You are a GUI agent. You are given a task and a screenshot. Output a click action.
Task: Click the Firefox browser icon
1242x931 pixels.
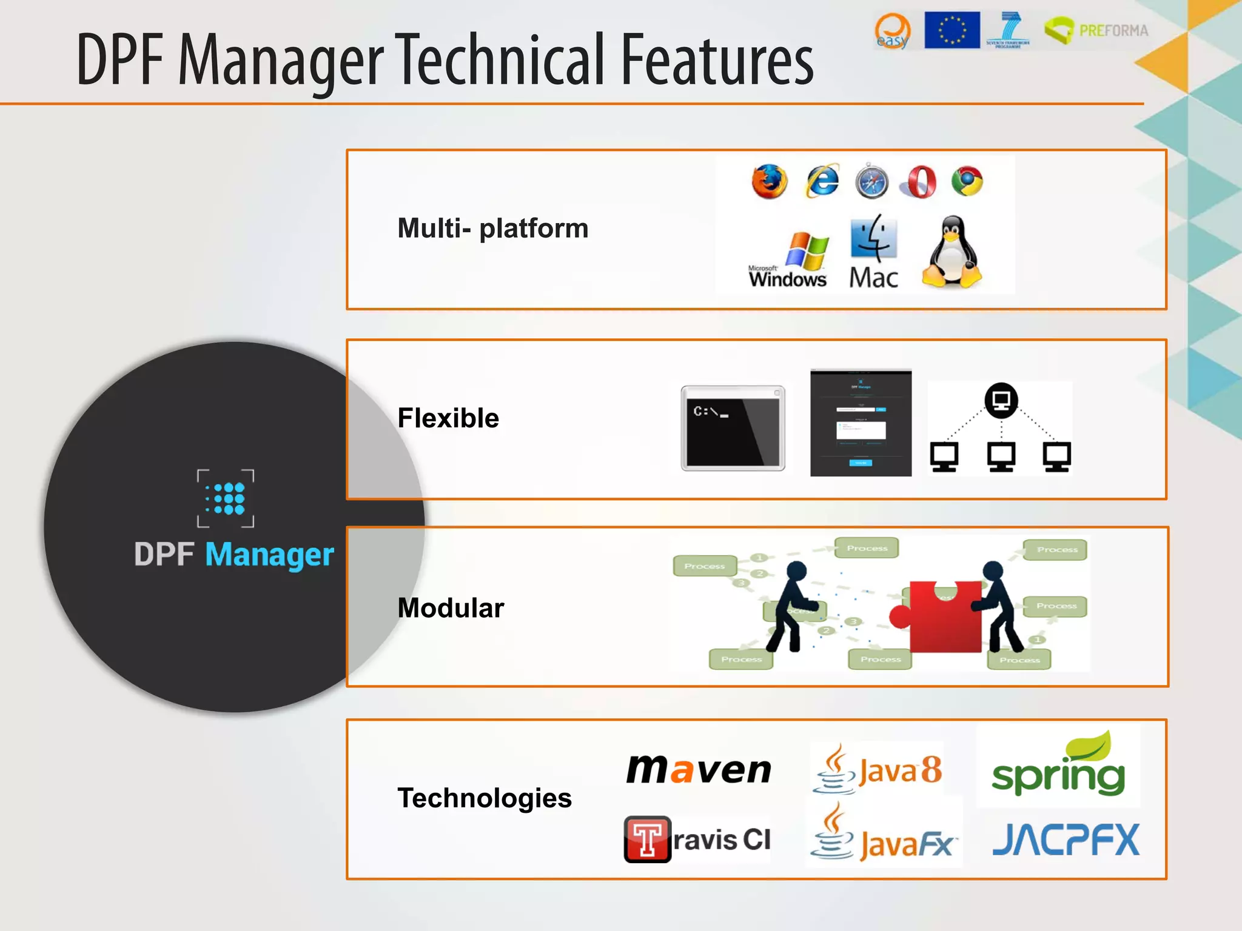769,181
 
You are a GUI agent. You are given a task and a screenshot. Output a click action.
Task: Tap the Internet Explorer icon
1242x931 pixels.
822,181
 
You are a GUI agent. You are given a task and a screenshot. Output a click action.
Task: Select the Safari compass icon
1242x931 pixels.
871,181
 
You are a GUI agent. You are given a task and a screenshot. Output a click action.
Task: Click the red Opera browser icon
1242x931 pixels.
919,182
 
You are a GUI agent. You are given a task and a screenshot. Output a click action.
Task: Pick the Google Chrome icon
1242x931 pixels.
967,181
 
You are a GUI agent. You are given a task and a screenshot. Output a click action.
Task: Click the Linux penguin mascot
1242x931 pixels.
952,252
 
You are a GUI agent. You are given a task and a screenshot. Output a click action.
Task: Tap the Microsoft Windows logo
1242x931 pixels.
788,259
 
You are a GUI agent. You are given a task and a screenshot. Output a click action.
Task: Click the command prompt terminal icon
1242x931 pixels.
733,428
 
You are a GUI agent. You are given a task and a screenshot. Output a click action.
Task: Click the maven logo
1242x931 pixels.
699,769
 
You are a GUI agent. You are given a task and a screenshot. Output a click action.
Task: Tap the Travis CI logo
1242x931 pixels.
697,839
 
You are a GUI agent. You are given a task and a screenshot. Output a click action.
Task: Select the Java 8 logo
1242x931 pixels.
878,769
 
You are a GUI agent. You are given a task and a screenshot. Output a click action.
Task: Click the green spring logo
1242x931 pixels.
1059,766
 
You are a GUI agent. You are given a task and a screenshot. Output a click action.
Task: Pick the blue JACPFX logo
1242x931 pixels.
1066,840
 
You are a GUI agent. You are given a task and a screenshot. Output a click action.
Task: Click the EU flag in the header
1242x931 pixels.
952,30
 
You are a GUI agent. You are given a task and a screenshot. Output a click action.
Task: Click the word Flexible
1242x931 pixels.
448,418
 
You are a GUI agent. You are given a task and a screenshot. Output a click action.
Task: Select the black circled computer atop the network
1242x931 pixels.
1001,400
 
